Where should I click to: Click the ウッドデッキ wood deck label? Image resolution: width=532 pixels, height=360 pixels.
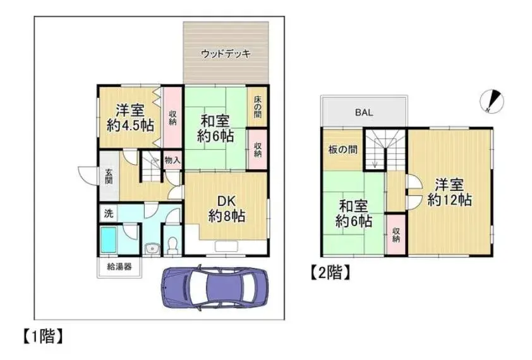[x=226, y=54]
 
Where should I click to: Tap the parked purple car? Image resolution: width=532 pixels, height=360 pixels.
[x=214, y=288]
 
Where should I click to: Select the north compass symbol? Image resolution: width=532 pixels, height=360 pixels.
[x=492, y=101]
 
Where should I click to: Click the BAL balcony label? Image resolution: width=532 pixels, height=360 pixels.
[x=364, y=112]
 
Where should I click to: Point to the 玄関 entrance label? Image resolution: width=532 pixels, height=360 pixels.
[x=109, y=176]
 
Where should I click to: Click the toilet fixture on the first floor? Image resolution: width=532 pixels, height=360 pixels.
[x=172, y=245]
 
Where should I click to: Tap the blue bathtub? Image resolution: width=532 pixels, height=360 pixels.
[x=109, y=240]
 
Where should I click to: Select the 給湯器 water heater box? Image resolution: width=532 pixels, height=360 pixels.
[x=119, y=267]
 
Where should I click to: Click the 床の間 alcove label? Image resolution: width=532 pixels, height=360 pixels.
[x=258, y=107]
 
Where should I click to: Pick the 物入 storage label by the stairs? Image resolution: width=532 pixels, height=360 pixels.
[x=172, y=160]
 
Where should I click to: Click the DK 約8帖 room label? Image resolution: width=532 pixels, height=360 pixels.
[x=227, y=208]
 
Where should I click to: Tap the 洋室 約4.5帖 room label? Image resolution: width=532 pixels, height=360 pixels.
[x=130, y=117]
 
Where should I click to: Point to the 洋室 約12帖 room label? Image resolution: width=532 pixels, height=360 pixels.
[x=450, y=193]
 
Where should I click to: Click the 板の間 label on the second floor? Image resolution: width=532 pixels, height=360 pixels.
[x=342, y=149]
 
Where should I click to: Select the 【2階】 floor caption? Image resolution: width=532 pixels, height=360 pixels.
[x=330, y=272]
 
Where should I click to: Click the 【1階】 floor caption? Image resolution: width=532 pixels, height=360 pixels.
[x=44, y=336]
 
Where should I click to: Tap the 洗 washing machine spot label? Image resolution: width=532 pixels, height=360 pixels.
[x=109, y=213]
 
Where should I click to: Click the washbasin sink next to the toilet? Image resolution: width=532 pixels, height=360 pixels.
[x=152, y=249]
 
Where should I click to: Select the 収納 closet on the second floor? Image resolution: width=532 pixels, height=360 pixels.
[x=396, y=234]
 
